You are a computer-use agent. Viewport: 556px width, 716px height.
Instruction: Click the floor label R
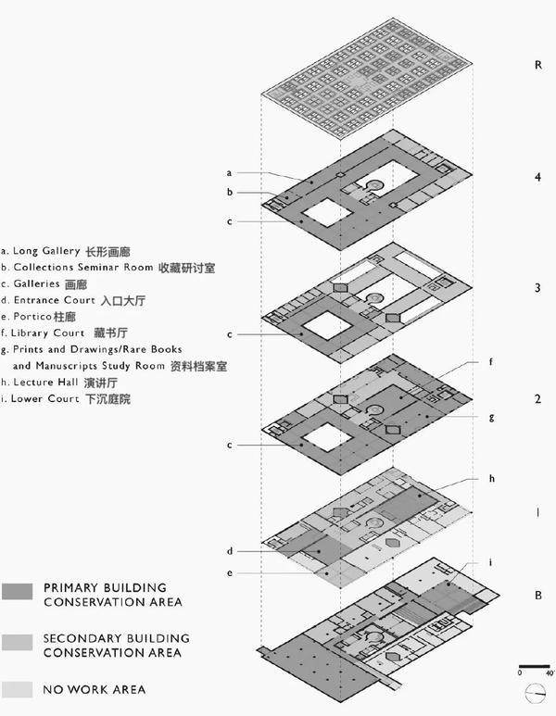tap(537, 66)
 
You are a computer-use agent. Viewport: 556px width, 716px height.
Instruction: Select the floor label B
tap(537, 597)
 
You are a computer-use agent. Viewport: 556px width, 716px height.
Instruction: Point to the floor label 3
tap(537, 288)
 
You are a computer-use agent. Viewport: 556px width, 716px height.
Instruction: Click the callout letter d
tap(229, 552)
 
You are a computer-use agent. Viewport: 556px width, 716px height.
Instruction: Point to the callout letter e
tap(229, 573)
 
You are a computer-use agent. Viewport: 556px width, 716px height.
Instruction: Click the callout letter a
tap(229, 172)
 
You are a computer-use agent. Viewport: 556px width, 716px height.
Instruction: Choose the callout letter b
tap(229, 193)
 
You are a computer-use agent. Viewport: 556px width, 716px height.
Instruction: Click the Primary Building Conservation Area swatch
tap(19, 595)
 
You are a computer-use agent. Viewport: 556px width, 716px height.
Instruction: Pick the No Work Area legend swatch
tap(19, 689)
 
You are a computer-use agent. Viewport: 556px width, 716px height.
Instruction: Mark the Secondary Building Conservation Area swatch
tap(19, 644)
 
